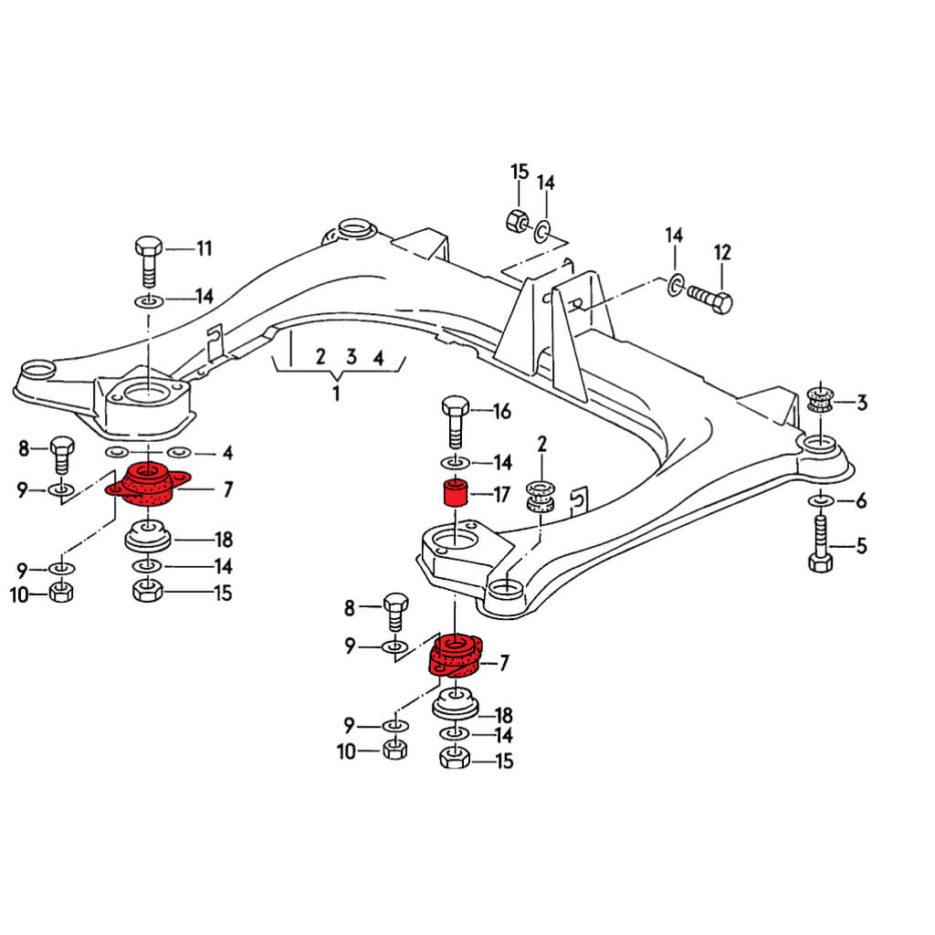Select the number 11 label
click(x=204, y=248)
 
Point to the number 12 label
click(x=722, y=252)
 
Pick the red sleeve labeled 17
click(x=455, y=493)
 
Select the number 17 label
click(x=501, y=496)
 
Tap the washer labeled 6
click(x=819, y=500)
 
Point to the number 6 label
click(x=861, y=500)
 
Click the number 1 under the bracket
click(x=336, y=394)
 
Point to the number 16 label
click(x=501, y=411)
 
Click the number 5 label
click(x=861, y=547)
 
